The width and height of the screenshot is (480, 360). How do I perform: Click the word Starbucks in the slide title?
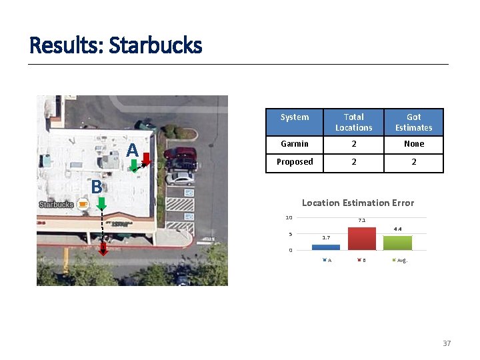155,45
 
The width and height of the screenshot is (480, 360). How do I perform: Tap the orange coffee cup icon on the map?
83,205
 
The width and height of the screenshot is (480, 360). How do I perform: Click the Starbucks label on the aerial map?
56,205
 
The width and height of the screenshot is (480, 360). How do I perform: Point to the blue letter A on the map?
133,150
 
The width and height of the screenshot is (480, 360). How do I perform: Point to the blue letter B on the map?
97,187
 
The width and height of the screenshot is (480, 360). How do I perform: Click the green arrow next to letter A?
134,166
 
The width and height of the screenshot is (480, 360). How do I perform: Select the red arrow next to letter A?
147,160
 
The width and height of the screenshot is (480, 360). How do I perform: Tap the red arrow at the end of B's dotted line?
104,249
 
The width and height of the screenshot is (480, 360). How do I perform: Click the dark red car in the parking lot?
181,157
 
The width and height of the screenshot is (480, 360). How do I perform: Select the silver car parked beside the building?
180,177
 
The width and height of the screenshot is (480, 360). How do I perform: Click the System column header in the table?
295,117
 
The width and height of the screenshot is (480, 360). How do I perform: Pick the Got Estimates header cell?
413,122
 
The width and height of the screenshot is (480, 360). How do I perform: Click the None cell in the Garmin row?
413,144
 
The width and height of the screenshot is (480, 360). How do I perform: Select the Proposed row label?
295,162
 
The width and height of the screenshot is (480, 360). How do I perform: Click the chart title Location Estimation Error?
358,203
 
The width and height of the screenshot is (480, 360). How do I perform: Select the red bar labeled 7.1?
361,238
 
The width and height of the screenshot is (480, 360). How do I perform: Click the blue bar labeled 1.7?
326,247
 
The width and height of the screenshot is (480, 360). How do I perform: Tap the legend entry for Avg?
400,260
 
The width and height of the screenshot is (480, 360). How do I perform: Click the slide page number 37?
447,343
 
